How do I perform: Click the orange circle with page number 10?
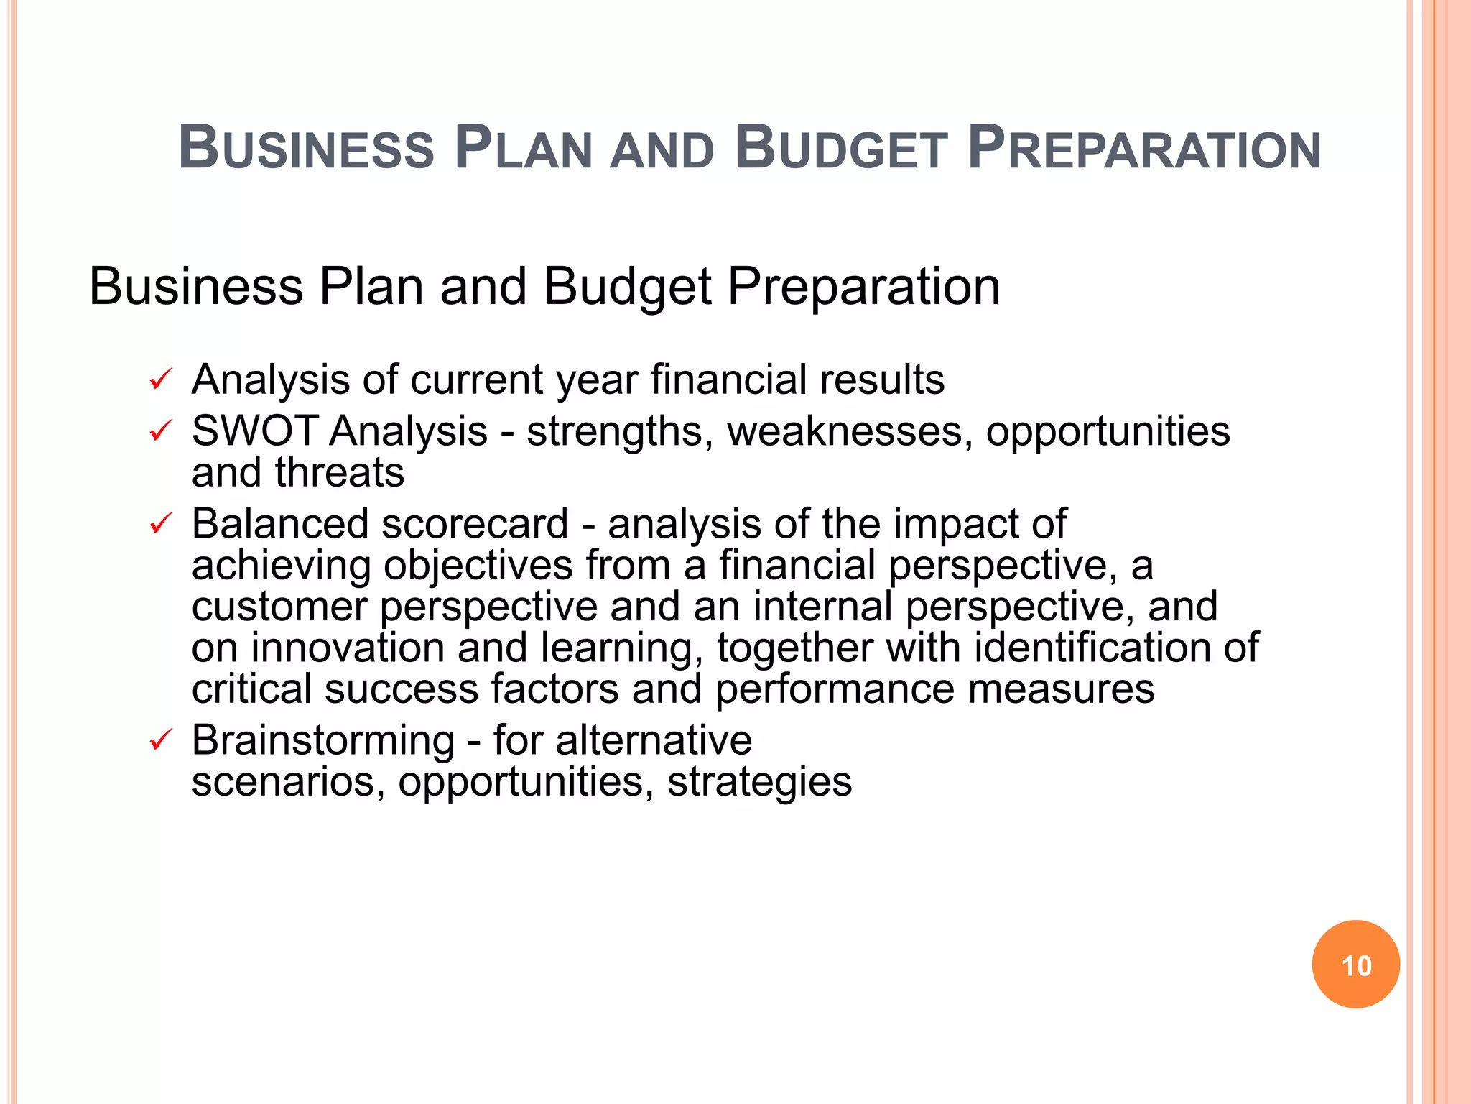[1355, 965]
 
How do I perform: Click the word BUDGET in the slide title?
[841, 149]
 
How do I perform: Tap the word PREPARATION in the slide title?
[1144, 149]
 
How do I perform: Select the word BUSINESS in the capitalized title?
[307, 149]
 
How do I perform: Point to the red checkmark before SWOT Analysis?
[160, 431]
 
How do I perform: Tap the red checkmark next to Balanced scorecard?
[160, 523]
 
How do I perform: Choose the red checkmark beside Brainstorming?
[160, 740]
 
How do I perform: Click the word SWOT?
[255, 431]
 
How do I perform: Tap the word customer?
[279, 607]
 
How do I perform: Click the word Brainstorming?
[323, 740]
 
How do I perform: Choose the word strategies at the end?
[759, 782]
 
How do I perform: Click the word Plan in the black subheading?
[371, 287]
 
